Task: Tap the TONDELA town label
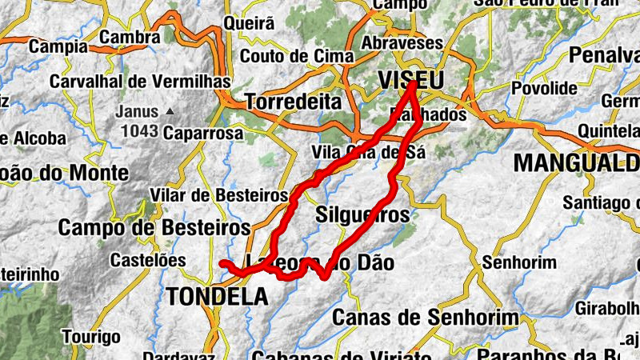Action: pos(218,297)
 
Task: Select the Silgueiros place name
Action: pos(362,214)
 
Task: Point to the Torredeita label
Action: pos(293,102)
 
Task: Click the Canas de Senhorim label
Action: pos(425,318)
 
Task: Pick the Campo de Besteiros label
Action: pos(154,227)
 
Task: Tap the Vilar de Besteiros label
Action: pos(218,195)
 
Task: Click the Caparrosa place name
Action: pos(202,134)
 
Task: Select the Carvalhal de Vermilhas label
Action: pos(140,82)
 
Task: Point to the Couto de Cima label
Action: pos(297,56)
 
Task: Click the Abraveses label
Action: pos(402,42)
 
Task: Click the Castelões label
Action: pos(147,260)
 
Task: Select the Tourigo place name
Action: pos(91,336)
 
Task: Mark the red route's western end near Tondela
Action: pos(223,263)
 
